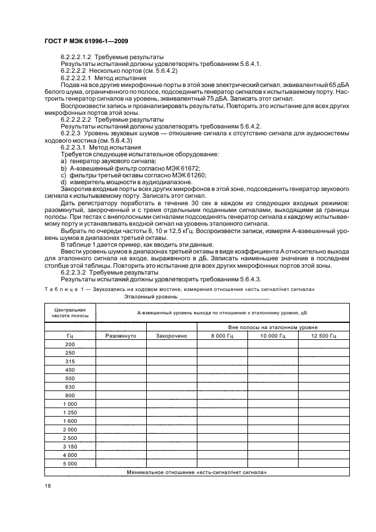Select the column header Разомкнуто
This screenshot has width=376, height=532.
[x=121, y=336]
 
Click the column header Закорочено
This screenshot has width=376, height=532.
[x=171, y=336]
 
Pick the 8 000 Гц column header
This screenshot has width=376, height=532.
[x=222, y=336]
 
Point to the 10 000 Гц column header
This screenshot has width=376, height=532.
[x=272, y=336]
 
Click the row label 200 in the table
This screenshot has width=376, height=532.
[x=70, y=344]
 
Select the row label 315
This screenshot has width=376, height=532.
[x=70, y=361]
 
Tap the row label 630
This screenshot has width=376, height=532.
[x=70, y=386]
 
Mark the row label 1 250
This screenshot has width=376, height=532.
[x=70, y=412]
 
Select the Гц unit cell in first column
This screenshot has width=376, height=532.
[x=70, y=336]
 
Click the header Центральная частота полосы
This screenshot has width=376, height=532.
[x=70, y=311]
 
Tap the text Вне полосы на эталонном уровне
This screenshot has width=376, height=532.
[x=272, y=327]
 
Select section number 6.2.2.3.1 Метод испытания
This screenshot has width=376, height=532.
[x=88, y=147]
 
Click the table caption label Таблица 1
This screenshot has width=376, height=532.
[x=64, y=289]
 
